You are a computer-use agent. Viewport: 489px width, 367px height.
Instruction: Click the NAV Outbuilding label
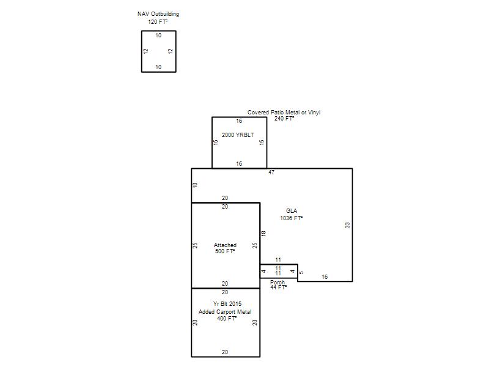[x=158, y=14]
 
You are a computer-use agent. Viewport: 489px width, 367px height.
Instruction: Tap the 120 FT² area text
[x=158, y=22]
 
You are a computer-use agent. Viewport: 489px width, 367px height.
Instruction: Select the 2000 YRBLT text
[x=238, y=135]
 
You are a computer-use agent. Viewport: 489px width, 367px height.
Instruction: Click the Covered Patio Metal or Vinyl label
[x=284, y=113]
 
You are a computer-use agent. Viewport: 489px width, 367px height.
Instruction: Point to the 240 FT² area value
[x=284, y=119]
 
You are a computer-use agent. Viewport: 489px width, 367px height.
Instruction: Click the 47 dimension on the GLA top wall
[x=271, y=172]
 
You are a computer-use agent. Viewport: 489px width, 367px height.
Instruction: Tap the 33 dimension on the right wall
[x=347, y=225]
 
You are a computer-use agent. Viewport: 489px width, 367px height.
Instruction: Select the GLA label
[x=292, y=211]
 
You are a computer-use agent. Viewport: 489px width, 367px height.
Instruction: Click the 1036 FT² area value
[x=292, y=218]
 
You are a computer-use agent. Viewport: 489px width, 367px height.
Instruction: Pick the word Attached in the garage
[x=225, y=245]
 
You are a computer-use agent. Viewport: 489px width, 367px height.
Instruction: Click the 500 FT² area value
[x=225, y=251]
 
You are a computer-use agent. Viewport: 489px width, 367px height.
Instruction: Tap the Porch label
[x=278, y=283]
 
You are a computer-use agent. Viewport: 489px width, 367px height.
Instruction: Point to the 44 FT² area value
[x=279, y=287]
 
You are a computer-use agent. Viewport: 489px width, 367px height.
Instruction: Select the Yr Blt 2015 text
[x=227, y=303]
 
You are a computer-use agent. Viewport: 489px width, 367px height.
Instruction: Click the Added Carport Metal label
[x=225, y=312]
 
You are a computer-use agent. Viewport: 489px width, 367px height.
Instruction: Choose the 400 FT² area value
[x=227, y=319]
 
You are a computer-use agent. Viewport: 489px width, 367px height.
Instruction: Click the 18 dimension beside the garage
[x=263, y=234]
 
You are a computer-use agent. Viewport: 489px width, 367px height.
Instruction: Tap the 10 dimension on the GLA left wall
[x=195, y=185]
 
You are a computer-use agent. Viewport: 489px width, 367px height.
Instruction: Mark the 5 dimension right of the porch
[x=301, y=272]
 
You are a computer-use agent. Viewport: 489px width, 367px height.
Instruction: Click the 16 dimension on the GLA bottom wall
[x=325, y=277]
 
